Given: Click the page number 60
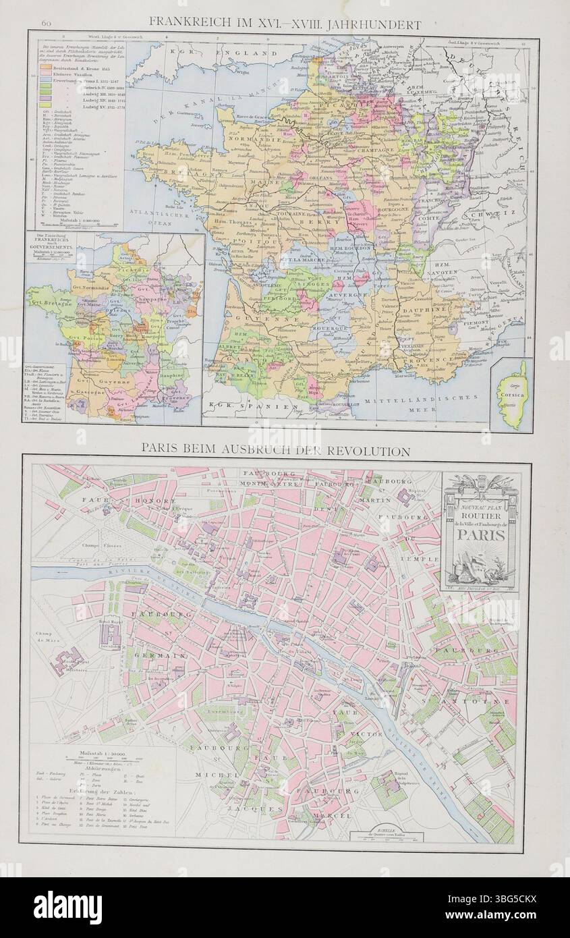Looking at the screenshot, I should pos(47,25).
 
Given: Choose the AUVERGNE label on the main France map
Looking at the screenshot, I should pos(348,295).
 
